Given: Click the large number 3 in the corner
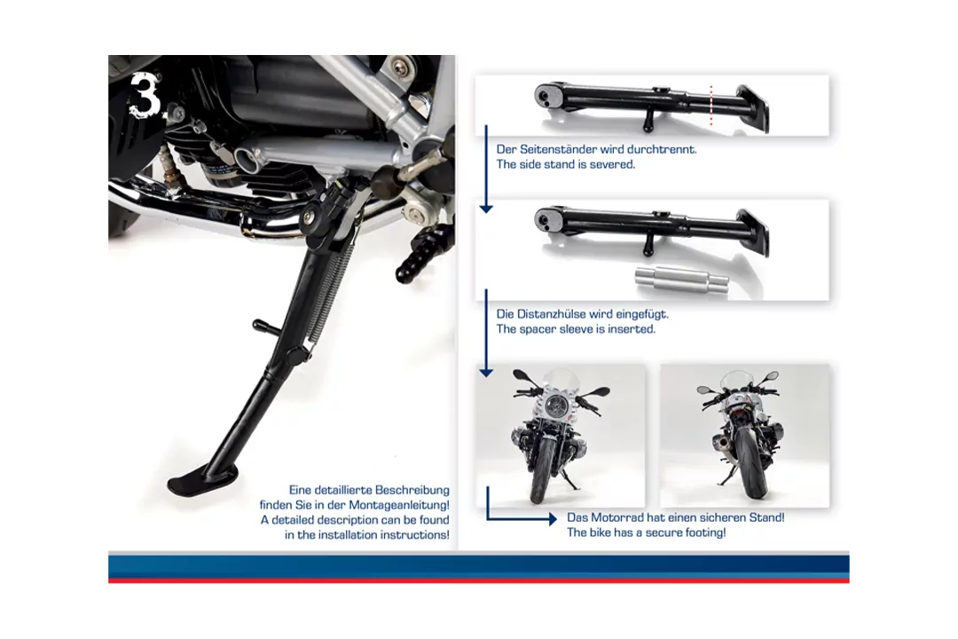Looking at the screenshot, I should click(145, 95).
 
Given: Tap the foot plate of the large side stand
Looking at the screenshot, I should click(193, 480).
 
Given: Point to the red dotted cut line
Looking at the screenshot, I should click(711, 106).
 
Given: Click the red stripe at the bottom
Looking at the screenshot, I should click(479, 580).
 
